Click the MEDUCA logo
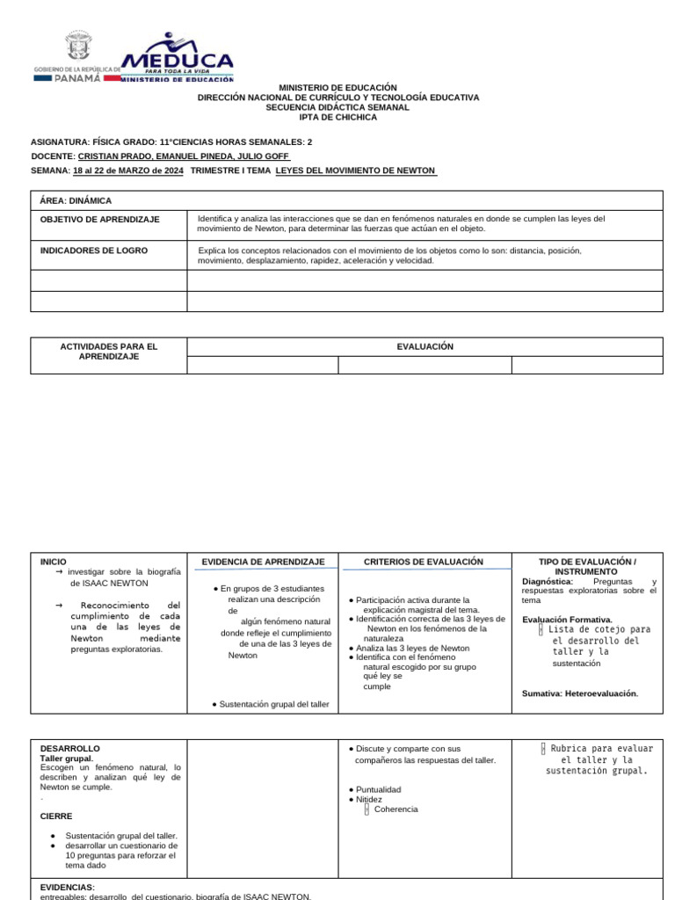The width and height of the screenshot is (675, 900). click(x=176, y=58)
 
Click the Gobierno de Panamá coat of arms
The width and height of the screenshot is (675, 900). click(x=77, y=48)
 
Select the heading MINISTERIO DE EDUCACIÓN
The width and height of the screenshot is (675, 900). click(x=337, y=88)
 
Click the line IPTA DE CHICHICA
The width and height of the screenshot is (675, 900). click(x=337, y=117)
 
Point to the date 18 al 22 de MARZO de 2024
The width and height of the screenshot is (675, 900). click(x=128, y=171)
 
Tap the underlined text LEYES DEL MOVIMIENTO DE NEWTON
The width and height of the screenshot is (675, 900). click(x=356, y=171)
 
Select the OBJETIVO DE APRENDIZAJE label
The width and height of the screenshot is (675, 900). click(x=100, y=220)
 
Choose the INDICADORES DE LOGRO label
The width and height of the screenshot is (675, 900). click(x=94, y=250)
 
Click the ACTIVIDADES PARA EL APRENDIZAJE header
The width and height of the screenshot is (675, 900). click(x=108, y=352)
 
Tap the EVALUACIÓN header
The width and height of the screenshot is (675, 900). click(x=425, y=346)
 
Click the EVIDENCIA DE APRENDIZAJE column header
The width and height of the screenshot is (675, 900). click(x=263, y=562)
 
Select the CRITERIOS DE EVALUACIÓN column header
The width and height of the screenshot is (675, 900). click(x=424, y=562)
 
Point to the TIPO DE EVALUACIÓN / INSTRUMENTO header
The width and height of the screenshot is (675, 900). click(x=586, y=566)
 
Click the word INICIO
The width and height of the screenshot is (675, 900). click(x=54, y=562)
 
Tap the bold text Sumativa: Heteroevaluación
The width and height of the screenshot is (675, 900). click(x=580, y=693)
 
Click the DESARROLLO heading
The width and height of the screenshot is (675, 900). click(x=70, y=749)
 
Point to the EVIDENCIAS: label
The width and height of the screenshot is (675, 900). click(x=68, y=887)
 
